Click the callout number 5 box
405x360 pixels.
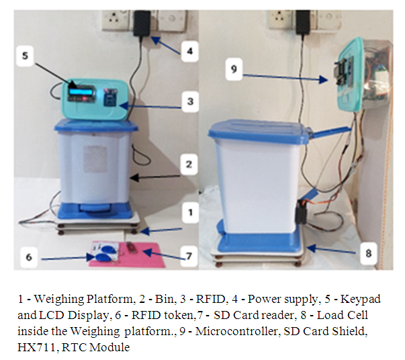click(x=25, y=56)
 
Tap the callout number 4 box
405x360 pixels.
click(x=190, y=51)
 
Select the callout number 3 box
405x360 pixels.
click(x=190, y=101)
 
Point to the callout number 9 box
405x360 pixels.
click(x=234, y=69)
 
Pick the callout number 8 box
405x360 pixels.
click(x=368, y=253)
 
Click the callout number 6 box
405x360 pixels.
click(x=29, y=257)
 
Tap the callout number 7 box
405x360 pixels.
click(x=189, y=256)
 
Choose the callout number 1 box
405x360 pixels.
click(x=190, y=212)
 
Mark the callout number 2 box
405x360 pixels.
click(x=189, y=165)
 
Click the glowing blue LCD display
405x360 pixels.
click(x=79, y=91)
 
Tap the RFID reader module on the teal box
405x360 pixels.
click(x=110, y=97)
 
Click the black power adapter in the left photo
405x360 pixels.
click(x=142, y=24)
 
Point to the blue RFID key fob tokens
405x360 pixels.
click(x=105, y=253)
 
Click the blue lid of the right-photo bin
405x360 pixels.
click(x=259, y=131)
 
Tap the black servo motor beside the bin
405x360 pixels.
click(x=302, y=212)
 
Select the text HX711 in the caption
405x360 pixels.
click(x=36, y=347)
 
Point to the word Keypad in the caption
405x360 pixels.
click(x=361, y=299)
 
